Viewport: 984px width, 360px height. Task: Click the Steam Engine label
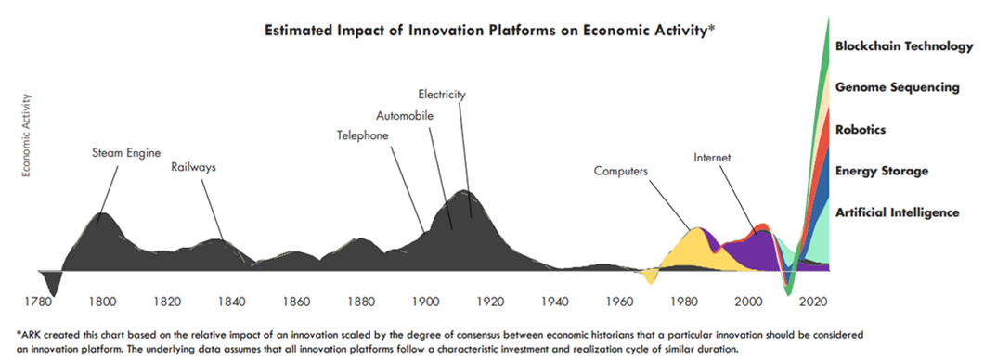[x=127, y=152]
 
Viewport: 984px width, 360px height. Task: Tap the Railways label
[x=194, y=167]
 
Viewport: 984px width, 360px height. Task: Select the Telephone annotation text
[x=363, y=135]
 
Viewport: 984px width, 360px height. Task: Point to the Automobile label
[x=405, y=115]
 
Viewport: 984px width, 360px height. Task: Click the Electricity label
[x=443, y=95]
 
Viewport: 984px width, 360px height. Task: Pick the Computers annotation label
[x=621, y=171]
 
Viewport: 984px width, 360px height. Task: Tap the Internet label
[x=712, y=158]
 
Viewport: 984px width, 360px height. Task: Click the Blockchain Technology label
[x=904, y=46]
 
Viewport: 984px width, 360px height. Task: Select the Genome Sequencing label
[x=898, y=88]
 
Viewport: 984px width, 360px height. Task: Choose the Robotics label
[x=861, y=130]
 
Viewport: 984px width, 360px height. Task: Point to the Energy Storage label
[x=882, y=172]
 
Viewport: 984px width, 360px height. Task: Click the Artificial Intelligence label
[x=898, y=212]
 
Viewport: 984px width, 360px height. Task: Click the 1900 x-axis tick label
[x=425, y=300]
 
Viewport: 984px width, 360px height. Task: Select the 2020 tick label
[x=813, y=300]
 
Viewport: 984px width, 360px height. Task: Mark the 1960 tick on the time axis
[x=619, y=300]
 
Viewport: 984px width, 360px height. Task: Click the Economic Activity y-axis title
[x=27, y=135]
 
